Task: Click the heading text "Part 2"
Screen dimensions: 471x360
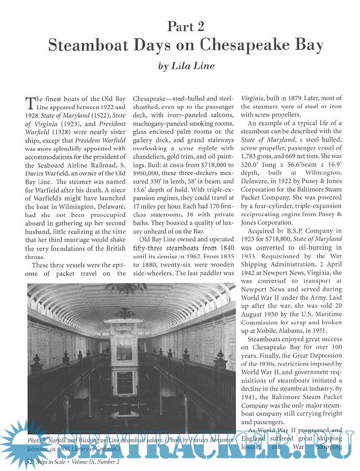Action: (186, 26)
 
